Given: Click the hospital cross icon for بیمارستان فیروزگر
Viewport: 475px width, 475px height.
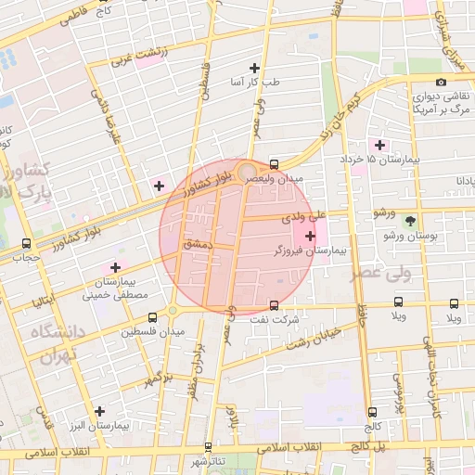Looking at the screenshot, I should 310,236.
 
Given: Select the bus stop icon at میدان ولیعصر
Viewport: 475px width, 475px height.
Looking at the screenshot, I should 274,164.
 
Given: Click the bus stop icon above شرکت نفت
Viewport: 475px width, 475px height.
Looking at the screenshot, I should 274,305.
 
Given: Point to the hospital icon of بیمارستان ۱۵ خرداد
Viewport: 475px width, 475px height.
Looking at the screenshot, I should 379,145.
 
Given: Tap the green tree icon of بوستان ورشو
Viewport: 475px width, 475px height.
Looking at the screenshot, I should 412,221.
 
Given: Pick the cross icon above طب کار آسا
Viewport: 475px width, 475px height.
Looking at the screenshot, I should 255,68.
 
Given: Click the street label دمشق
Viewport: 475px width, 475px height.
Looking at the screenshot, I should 199,241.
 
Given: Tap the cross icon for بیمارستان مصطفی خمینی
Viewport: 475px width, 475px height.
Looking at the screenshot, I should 116,267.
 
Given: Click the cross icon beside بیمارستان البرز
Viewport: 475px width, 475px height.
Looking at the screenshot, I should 99,410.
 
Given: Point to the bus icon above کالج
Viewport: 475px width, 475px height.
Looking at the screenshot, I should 372,413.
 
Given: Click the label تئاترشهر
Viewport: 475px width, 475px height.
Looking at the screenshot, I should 209,461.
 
